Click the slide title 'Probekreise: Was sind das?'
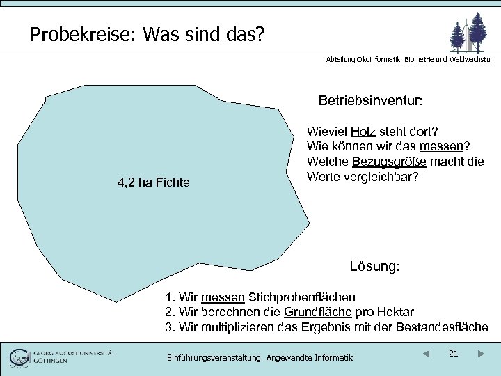(x=147, y=34)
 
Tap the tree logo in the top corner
(x=468, y=32)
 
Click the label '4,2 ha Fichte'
(x=153, y=182)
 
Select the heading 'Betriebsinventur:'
(x=370, y=101)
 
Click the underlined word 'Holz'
(x=363, y=132)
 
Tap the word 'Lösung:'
(x=374, y=266)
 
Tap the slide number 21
(x=453, y=354)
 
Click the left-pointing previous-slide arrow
(x=426, y=354)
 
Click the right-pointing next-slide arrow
(x=481, y=354)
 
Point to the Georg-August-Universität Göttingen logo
(x=63, y=357)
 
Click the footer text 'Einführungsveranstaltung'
(x=214, y=358)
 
